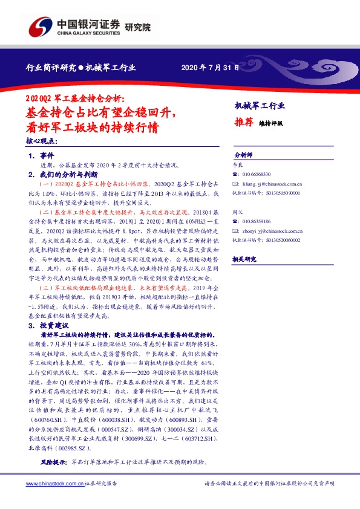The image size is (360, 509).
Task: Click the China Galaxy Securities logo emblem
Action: tap(42, 28)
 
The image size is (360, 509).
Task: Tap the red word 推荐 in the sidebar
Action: tap(243, 122)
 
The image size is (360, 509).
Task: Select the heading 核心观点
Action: tap(42, 141)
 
